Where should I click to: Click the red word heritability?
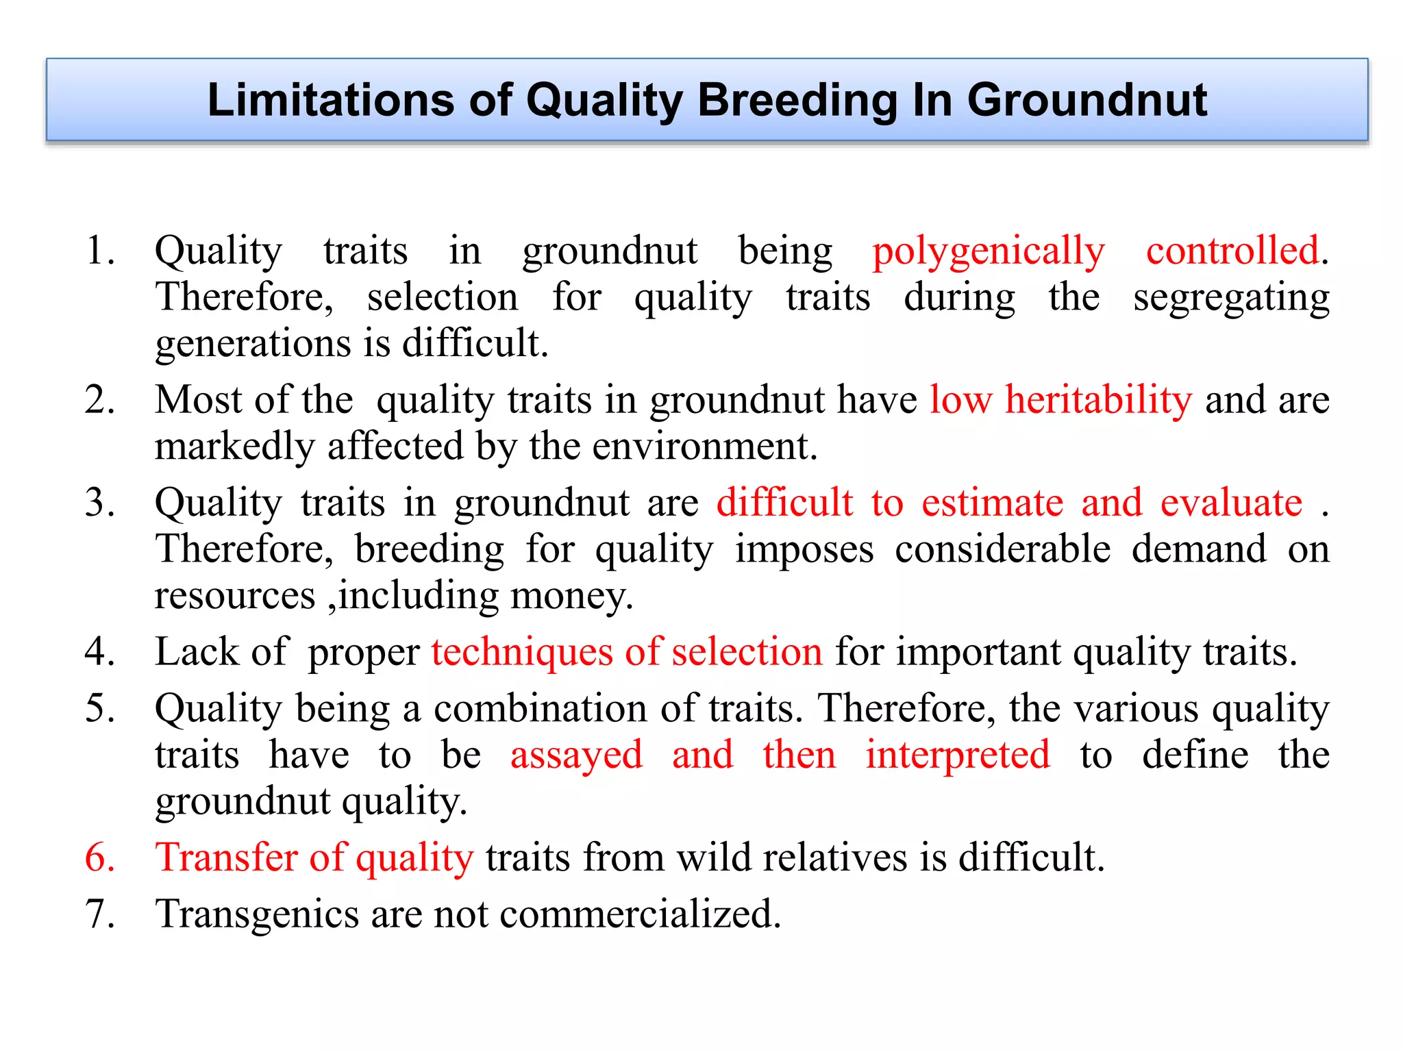(x=1098, y=400)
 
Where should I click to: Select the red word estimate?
(x=992, y=503)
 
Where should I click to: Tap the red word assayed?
(x=576, y=756)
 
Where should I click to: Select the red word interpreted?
(x=957, y=756)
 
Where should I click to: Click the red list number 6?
(x=100, y=857)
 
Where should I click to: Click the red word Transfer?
(x=226, y=857)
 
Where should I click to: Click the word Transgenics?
(x=257, y=915)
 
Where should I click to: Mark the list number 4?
(x=100, y=652)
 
